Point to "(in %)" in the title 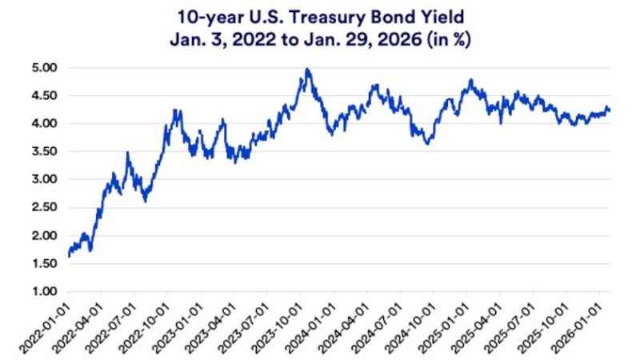point(449,40)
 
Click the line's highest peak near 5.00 point(307,70)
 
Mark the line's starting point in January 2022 point(69,256)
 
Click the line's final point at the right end point(610,110)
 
